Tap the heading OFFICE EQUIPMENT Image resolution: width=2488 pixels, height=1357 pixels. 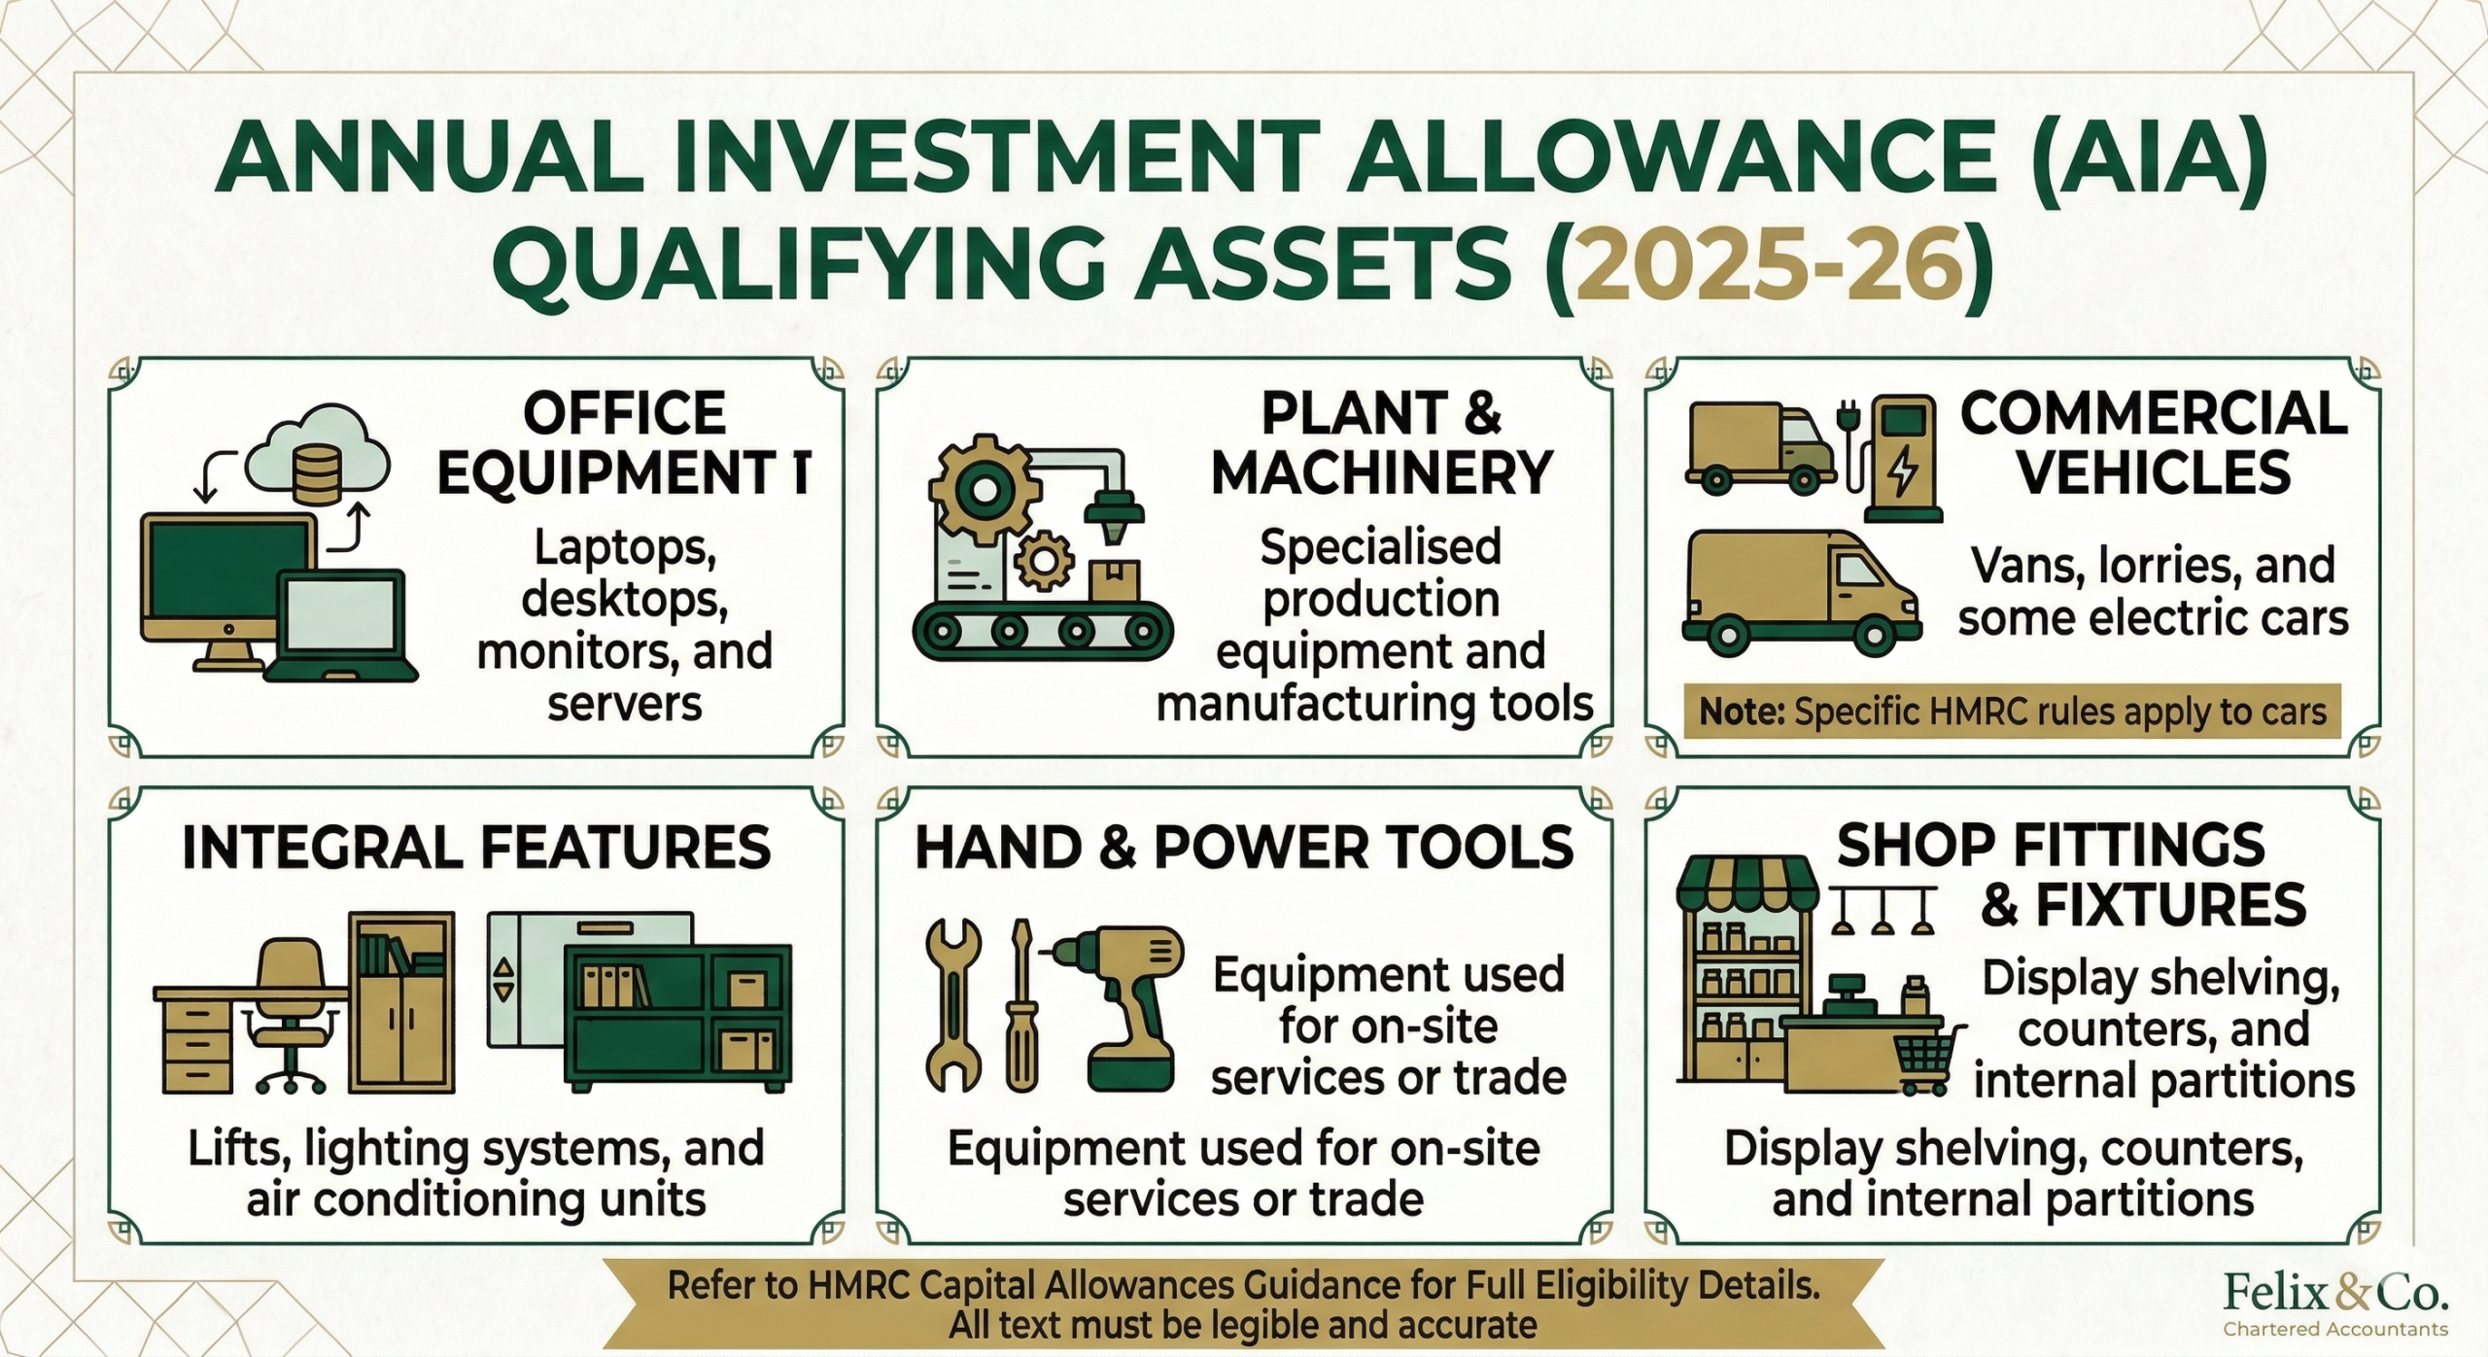(623, 443)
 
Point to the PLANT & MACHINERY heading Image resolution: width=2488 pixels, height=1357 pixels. (1381, 443)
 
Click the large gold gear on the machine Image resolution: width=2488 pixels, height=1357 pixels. (983, 492)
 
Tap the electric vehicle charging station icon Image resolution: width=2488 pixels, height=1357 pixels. (1895, 457)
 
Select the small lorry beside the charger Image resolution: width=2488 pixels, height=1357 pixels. (1759, 446)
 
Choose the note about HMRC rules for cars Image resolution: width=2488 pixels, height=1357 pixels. (2013, 712)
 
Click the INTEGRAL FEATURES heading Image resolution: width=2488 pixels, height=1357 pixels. (476, 847)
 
